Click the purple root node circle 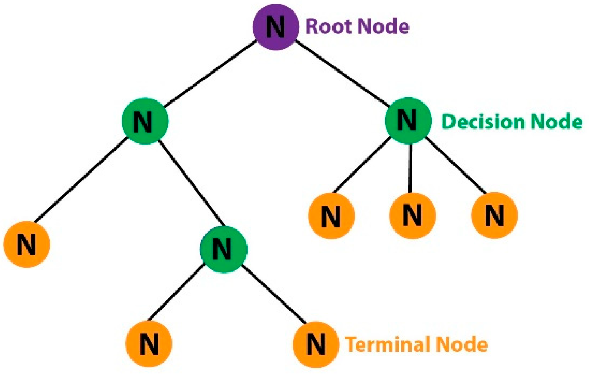[x=275, y=27]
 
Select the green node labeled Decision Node [x=408, y=121]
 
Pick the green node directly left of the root [x=145, y=121]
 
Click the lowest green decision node [x=223, y=249]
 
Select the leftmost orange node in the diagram [x=26, y=244]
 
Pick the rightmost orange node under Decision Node [x=494, y=216]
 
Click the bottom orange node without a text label [x=149, y=344]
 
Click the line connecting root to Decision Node [x=341, y=73]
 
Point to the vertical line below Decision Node [x=410, y=168]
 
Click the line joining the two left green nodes [x=191, y=184]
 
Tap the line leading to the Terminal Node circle [x=274, y=294]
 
